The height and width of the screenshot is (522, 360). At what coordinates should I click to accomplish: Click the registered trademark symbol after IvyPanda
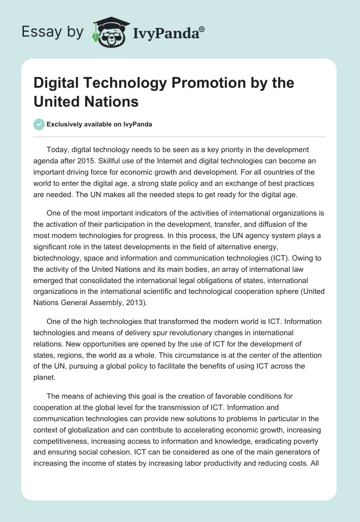point(202,29)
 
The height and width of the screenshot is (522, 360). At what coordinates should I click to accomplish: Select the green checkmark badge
point(39,124)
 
